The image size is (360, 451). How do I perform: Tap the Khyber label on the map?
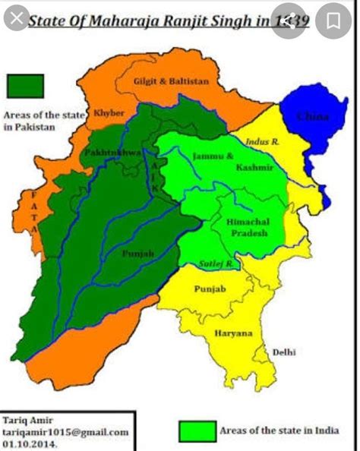click(108, 113)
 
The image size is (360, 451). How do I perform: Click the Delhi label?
click(286, 352)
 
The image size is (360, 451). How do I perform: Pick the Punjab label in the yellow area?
click(210, 289)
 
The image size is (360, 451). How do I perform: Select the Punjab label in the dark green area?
click(139, 255)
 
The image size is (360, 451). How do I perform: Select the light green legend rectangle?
click(197, 430)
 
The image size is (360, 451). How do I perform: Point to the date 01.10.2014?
click(31, 443)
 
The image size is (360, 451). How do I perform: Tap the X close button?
click(16, 17)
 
